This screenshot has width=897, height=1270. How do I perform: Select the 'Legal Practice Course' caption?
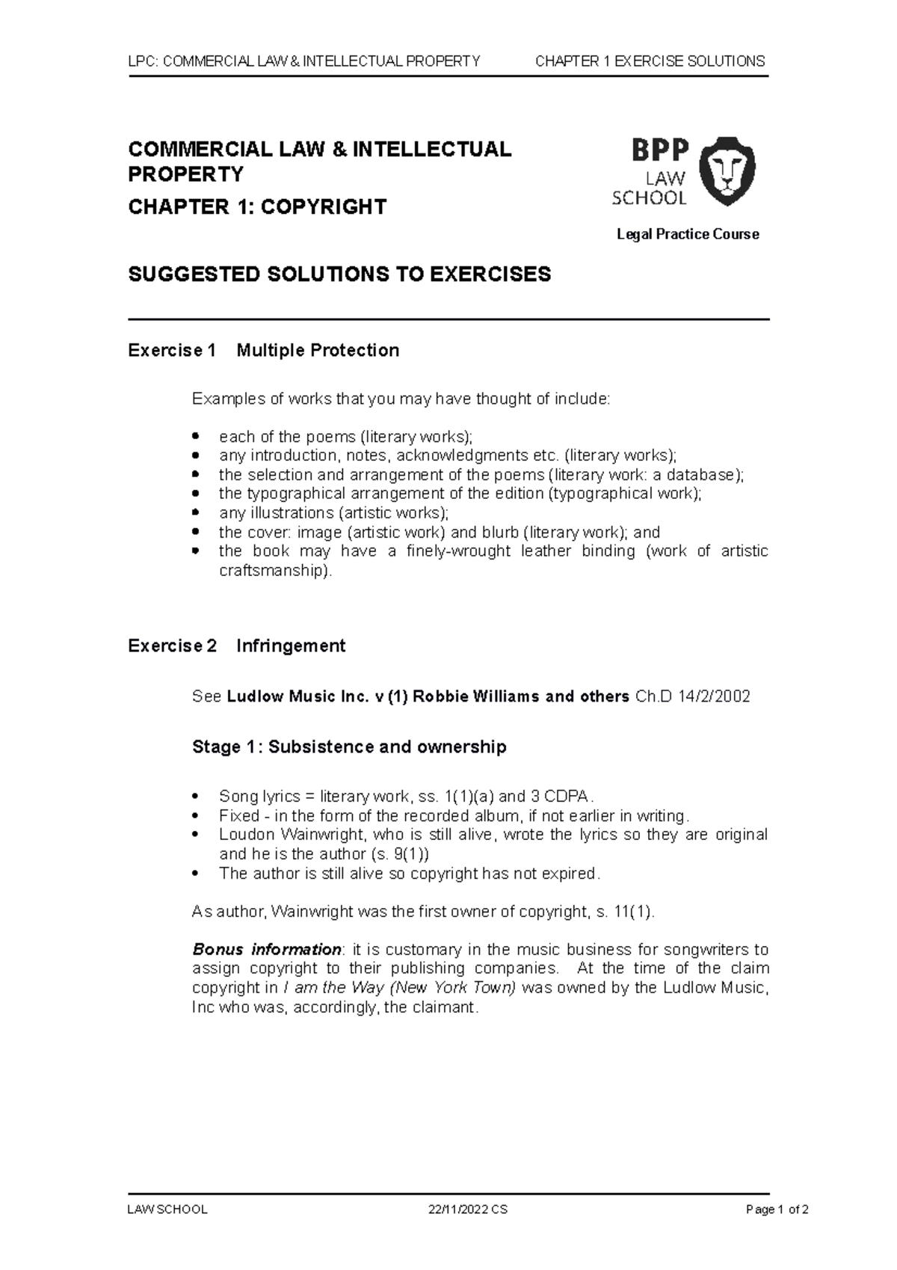coord(687,234)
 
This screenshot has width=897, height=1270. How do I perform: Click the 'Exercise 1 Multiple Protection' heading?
coord(263,350)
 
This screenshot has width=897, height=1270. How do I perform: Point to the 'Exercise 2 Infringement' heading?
coord(236,645)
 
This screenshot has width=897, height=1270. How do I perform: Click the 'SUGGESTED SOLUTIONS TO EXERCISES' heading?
coord(339,274)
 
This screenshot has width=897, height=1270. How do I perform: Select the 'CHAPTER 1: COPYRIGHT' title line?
coord(257,206)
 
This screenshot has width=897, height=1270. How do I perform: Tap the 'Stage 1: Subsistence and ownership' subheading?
coord(349,746)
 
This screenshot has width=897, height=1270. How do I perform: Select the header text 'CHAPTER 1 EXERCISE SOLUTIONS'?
coord(650,61)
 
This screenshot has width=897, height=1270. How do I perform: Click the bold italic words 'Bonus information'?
coord(266,949)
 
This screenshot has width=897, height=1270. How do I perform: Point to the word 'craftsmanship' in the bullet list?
coord(273,571)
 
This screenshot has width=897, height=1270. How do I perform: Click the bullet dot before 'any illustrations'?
coord(197,512)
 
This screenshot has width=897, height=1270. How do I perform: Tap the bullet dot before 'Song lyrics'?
coord(197,796)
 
